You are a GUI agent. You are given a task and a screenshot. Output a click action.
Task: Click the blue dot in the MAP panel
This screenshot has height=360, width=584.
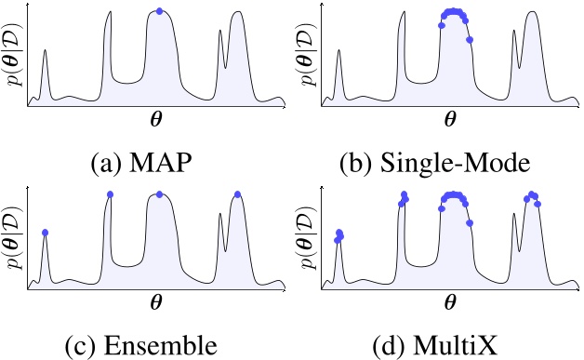(159, 11)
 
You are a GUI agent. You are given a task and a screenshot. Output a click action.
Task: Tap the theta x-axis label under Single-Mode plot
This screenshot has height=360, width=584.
(451, 121)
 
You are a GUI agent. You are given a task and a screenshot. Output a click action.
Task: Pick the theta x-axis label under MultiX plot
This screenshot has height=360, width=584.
(451, 302)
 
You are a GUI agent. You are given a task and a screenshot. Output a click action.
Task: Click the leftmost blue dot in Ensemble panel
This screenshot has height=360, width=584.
(45, 232)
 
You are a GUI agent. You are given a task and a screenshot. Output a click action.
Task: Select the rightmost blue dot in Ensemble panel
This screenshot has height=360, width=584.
(238, 193)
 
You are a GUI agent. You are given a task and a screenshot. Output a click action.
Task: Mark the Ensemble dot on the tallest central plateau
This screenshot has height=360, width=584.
(159, 193)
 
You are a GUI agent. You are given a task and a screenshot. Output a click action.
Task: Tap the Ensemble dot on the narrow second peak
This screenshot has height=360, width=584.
(110, 193)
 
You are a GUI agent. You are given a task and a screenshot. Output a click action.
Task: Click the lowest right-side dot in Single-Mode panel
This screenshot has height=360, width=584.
(470, 39)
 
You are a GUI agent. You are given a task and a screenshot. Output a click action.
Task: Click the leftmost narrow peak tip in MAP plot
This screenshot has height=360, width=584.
(45, 52)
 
